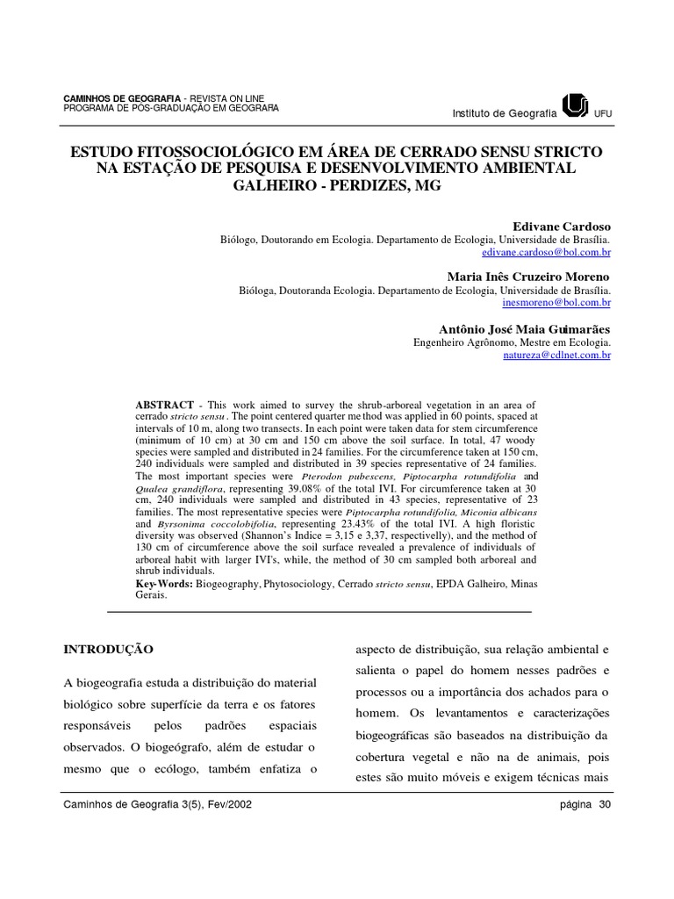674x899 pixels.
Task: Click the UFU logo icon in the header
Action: (x=575, y=106)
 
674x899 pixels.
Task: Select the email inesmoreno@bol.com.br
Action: (x=556, y=302)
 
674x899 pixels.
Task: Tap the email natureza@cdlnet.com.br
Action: (x=556, y=355)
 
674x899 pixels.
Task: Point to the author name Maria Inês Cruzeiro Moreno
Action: (x=529, y=277)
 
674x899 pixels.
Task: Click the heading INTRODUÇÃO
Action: (x=109, y=650)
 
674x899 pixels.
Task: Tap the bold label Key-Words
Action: (x=164, y=583)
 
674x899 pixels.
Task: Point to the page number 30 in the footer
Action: (x=604, y=804)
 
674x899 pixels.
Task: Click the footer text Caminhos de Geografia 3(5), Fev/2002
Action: (x=158, y=804)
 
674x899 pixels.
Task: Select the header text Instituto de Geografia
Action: (x=504, y=113)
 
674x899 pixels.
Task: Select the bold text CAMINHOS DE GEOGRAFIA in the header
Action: (x=123, y=97)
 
